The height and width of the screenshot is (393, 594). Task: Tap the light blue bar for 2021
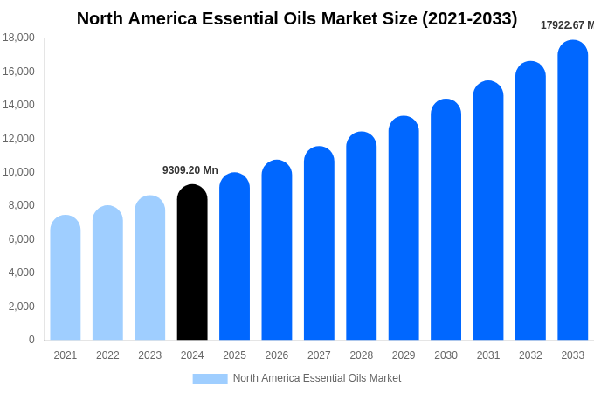[66, 278]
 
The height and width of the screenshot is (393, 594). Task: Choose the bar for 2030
[445, 220]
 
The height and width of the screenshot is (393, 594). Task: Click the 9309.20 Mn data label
[190, 170]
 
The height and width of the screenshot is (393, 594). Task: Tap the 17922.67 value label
[567, 25]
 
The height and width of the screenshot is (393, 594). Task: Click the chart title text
[297, 18]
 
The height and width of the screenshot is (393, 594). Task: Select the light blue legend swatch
[210, 378]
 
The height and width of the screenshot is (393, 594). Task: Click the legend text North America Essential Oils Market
[317, 378]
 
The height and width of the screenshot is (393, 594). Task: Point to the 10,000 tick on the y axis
[18, 172]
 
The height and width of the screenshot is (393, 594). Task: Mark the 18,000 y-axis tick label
[18, 38]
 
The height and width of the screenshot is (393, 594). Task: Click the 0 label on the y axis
[31, 340]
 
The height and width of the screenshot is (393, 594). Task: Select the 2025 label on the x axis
[234, 355]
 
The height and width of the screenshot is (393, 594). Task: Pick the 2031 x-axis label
[488, 355]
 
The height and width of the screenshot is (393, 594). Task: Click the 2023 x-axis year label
[149, 355]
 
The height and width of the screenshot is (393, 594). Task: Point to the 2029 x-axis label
[404, 355]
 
